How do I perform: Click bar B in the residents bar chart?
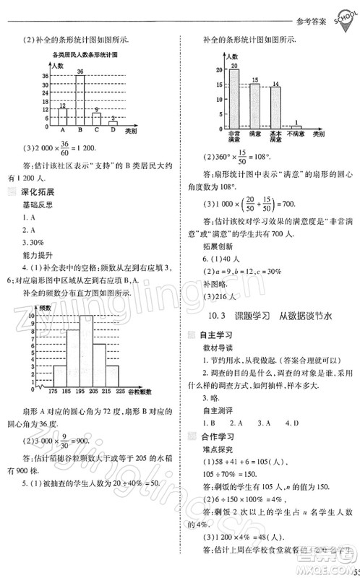pyautogui.click(x=80, y=100)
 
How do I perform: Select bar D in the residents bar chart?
pyautogui.click(x=113, y=123)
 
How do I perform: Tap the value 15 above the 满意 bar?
pyautogui.click(x=254, y=79)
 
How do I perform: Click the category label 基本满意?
pyautogui.click(x=275, y=136)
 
